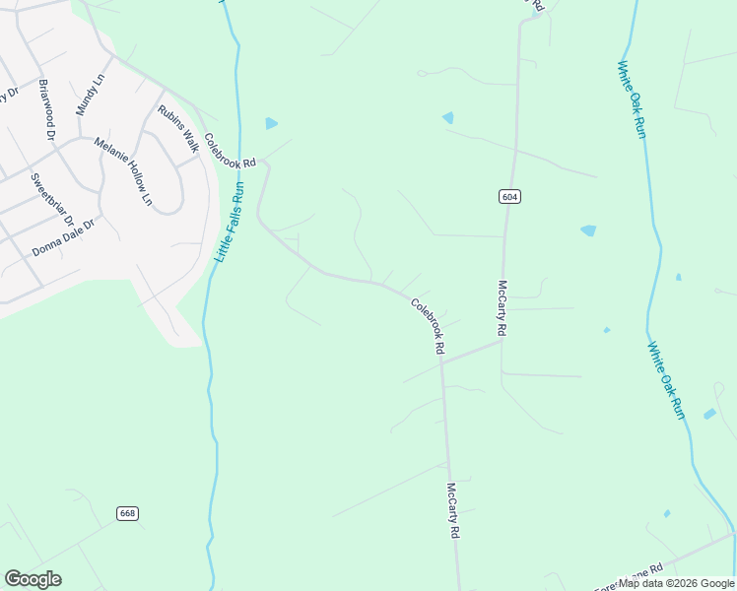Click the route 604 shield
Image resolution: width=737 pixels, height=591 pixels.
point(508,196)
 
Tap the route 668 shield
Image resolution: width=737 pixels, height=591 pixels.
point(127,513)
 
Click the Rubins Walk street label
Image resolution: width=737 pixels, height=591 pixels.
point(177,128)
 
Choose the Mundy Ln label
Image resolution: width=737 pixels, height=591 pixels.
point(91,94)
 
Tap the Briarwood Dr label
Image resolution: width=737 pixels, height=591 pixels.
point(46,108)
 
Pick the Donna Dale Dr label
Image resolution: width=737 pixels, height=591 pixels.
point(63,237)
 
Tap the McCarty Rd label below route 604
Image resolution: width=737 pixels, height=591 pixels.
point(502,309)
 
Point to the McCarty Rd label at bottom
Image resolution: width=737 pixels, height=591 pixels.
point(453,510)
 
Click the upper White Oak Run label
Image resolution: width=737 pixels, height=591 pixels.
point(632,99)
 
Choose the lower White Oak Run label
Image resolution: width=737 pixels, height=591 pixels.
point(666,380)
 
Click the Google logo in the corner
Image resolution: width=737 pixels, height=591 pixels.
point(33,579)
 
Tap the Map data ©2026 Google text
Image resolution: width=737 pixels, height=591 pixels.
point(677,583)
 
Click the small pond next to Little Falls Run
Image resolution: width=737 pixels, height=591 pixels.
point(271,123)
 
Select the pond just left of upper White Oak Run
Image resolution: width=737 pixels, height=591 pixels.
point(588,230)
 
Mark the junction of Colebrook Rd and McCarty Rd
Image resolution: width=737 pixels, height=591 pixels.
point(442,361)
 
